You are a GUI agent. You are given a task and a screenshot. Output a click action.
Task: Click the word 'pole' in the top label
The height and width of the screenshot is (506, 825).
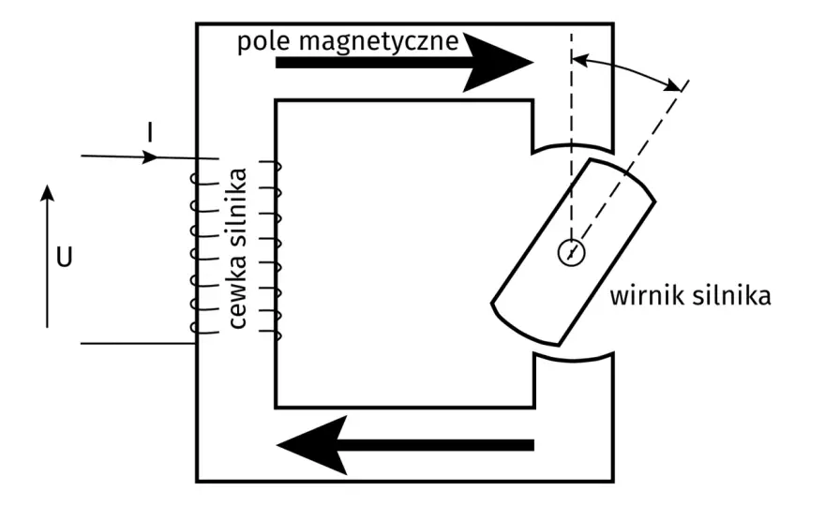(263, 42)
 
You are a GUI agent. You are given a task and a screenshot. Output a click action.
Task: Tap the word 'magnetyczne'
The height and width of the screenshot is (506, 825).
(379, 42)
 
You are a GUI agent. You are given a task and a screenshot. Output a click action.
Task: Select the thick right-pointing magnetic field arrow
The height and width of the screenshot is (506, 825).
(404, 63)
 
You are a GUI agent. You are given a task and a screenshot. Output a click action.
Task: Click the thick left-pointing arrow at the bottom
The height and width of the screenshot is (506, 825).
(405, 445)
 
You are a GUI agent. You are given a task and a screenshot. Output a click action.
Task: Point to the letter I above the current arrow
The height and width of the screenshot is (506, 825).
(151, 132)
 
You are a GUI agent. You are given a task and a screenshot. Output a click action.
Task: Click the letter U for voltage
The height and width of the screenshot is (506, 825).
(64, 258)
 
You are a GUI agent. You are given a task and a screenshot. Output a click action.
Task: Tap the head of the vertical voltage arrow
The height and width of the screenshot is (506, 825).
(48, 192)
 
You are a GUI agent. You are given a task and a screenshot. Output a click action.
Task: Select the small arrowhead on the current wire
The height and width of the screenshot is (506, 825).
(149, 156)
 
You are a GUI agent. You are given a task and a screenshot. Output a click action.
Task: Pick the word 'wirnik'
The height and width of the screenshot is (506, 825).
(647, 295)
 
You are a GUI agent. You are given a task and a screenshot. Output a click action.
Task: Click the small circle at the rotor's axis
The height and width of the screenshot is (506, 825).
(571, 252)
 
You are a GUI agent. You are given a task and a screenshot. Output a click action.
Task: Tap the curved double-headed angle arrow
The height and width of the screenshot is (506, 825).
(626, 69)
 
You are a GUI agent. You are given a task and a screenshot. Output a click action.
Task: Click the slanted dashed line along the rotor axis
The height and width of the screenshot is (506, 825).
(629, 167)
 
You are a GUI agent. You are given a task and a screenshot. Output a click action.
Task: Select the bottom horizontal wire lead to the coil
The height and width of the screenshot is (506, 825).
(139, 344)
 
